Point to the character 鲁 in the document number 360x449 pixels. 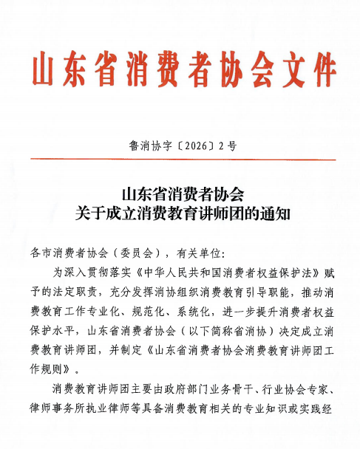pos(135,146)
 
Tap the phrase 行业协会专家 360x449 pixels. pos(309,387)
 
